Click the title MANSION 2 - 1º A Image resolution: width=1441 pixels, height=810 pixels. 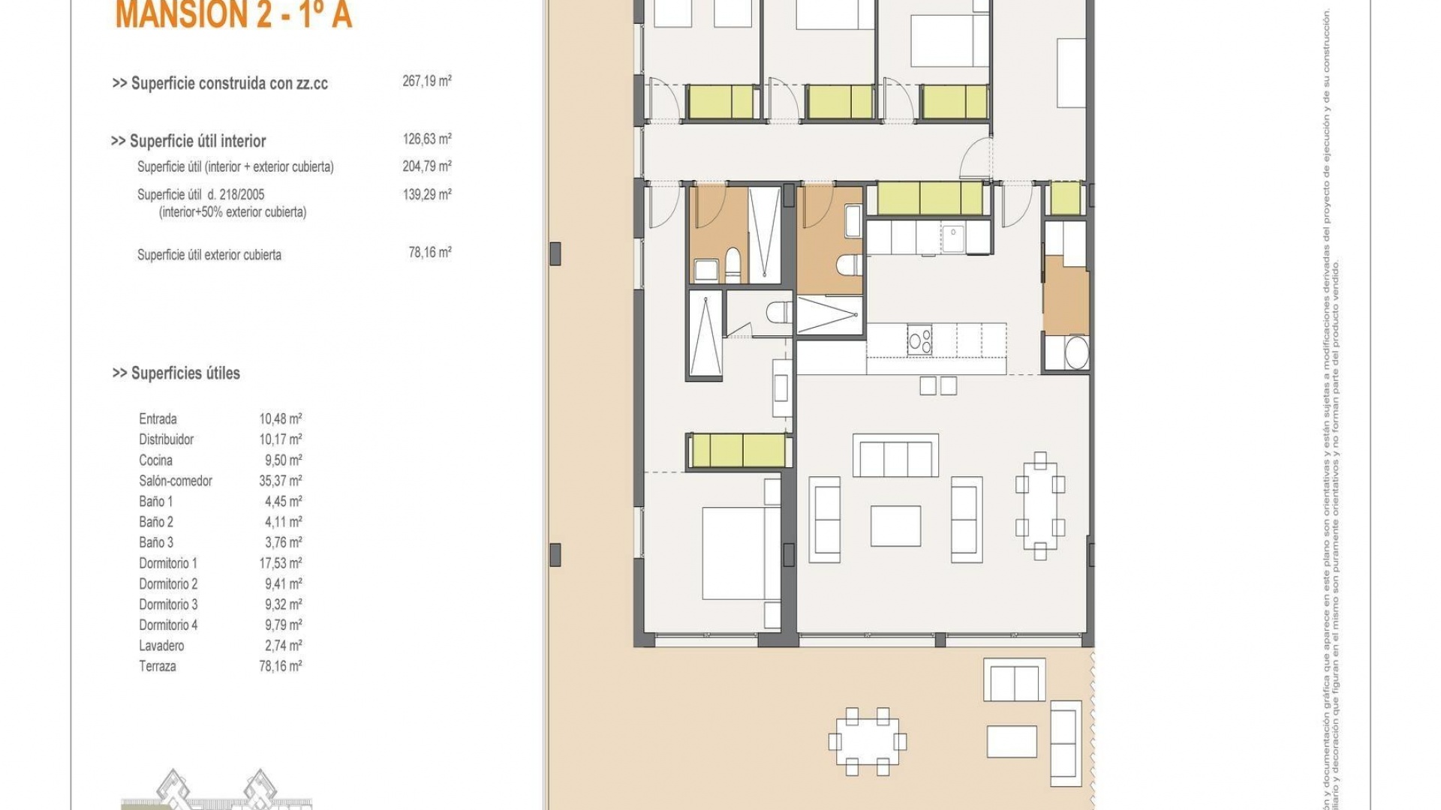pos(233,15)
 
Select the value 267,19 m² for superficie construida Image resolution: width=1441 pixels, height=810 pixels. pos(426,81)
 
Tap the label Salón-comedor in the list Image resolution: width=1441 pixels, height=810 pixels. pos(175,481)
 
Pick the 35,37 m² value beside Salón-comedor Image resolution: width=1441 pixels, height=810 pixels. pos(280,481)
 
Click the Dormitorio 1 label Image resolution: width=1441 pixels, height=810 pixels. pos(167,563)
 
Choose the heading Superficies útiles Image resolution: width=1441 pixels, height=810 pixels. pos(176,373)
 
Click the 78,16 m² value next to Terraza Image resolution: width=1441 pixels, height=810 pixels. pos(280,666)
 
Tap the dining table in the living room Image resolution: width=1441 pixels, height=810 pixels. pos(1040,505)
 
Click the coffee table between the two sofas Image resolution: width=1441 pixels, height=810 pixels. pos(895,526)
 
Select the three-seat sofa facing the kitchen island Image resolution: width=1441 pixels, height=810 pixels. pos(895,455)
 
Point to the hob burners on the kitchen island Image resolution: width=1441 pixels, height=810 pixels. pos(919,340)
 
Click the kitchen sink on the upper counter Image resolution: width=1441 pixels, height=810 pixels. pos(953,238)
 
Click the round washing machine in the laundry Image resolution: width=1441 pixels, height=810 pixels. pos(1076,353)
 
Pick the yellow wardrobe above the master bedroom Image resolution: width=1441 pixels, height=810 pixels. pos(739,451)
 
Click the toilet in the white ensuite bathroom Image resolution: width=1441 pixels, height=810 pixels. pos(778,312)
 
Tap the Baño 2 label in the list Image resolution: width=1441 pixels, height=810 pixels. pos(155,522)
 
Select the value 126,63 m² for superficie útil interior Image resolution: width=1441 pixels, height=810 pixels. pos(426,139)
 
